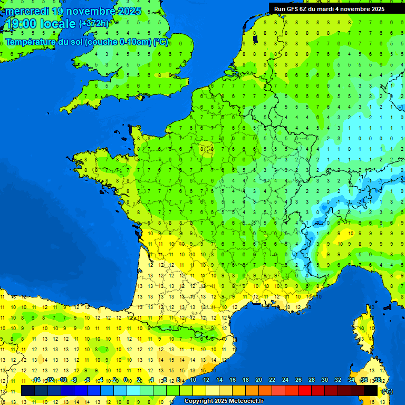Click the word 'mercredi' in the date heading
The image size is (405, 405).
(27, 11)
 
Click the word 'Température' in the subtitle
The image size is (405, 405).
(31, 42)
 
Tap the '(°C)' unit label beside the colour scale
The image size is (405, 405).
(387, 391)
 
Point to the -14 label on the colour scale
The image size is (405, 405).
(36, 380)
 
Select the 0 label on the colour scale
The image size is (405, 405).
(126, 380)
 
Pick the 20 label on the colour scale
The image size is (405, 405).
(258, 380)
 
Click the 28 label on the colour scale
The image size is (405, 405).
(311, 380)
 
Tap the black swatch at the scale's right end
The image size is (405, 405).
(371, 390)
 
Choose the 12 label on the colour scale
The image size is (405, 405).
(206, 380)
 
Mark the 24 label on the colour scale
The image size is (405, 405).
(285, 380)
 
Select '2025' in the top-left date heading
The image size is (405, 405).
(129, 11)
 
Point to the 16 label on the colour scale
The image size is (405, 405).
(232, 380)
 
